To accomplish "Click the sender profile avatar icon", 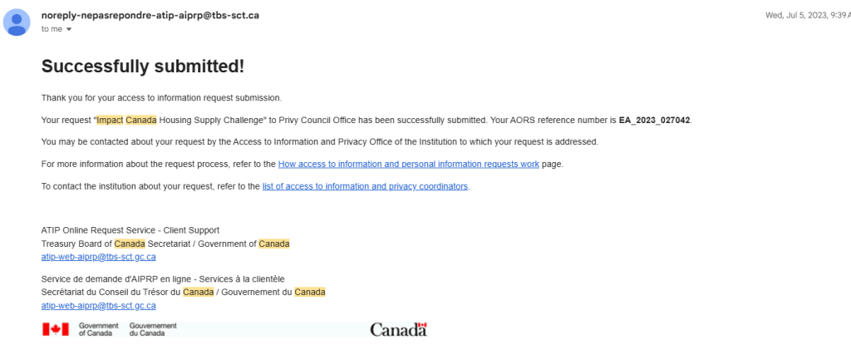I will [17, 22].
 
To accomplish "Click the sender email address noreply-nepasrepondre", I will [150, 15].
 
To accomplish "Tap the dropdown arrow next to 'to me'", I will [69, 29].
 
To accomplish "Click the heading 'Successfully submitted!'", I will [142, 67].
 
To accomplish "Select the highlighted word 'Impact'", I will [109, 120].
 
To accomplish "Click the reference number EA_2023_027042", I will [654, 120].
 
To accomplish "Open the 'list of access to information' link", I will [365, 186].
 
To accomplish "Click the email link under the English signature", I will [98, 257].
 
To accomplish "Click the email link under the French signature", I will [98, 306].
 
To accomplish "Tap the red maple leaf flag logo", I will [55, 329].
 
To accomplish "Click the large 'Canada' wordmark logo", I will [398, 330].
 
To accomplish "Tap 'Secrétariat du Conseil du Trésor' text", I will [110, 293].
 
